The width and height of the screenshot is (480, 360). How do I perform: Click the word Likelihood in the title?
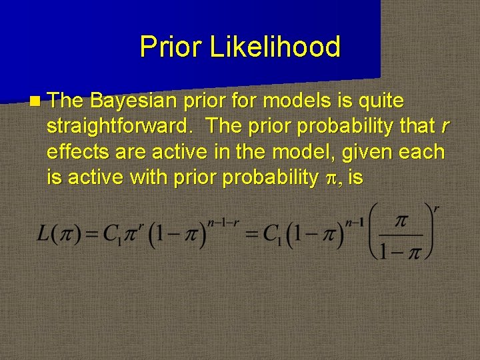coord(275,47)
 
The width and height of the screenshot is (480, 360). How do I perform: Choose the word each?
coord(423,151)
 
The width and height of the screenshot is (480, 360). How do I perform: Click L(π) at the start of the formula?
coord(62,237)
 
